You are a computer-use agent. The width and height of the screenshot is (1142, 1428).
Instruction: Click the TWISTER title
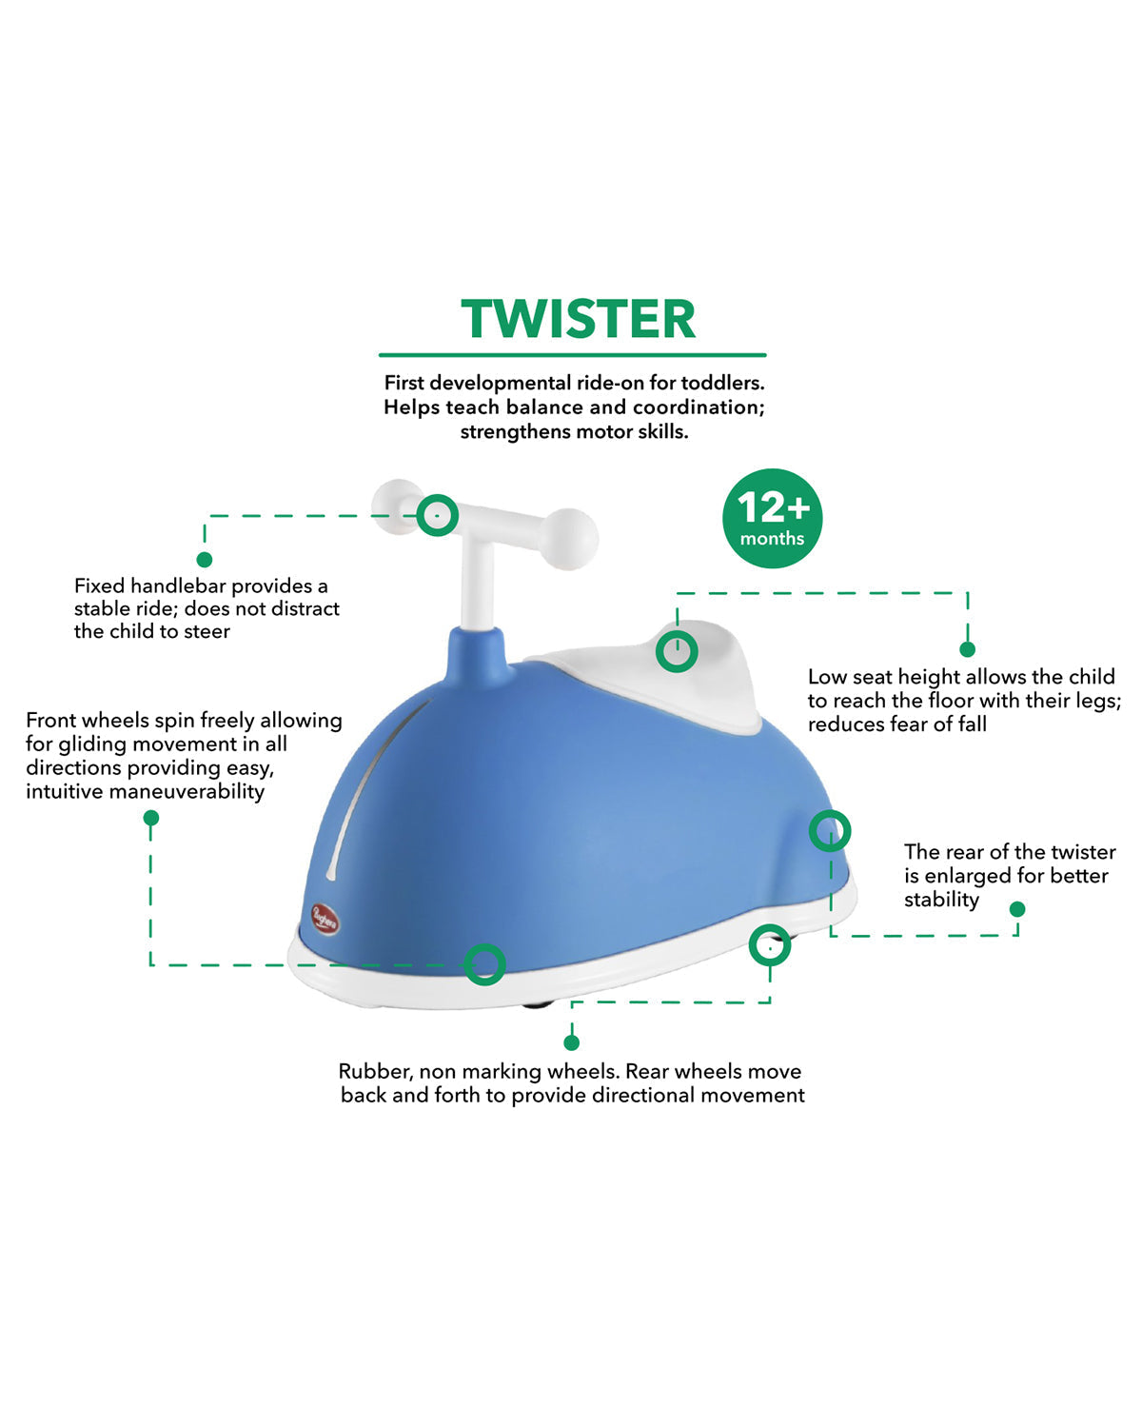(578, 319)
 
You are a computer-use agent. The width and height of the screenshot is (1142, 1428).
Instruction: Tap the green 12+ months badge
(772, 519)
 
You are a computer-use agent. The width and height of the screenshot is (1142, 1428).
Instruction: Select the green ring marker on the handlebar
(437, 515)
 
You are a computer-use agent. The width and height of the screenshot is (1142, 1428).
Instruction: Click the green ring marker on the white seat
(677, 651)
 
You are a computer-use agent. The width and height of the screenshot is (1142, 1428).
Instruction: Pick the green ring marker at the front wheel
(484, 964)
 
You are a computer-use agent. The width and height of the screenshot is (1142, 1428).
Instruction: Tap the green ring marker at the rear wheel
(769, 946)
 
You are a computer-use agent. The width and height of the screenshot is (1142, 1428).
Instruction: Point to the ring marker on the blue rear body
(830, 831)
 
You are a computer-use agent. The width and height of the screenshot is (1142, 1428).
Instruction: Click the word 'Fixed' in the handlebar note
(99, 585)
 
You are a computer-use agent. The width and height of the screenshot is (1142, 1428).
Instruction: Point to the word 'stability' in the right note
(941, 900)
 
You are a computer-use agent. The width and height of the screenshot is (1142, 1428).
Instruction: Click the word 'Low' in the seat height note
(826, 677)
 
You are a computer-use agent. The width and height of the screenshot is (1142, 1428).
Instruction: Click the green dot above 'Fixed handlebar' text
(204, 560)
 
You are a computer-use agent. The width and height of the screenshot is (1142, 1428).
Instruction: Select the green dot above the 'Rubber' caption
(571, 1042)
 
